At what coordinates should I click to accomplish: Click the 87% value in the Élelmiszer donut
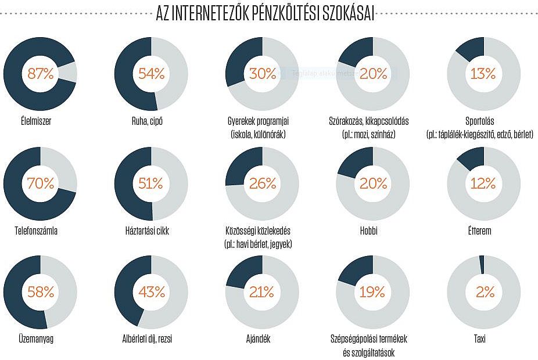(x=40, y=74)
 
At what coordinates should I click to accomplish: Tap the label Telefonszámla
(x=40, y=231)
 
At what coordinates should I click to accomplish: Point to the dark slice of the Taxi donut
(x=481, y=265)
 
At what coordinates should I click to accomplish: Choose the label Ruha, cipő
(x=151, y=122)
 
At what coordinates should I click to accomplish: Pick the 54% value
(x=151, y=74)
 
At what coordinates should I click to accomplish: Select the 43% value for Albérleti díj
(x=151, y=291)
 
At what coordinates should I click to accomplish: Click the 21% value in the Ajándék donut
(x=262, y=291)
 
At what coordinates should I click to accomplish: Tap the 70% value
(x=40, y=183)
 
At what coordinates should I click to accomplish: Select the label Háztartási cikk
(x=151, y=231)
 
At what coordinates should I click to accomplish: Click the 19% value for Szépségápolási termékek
(x=372, y=291)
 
